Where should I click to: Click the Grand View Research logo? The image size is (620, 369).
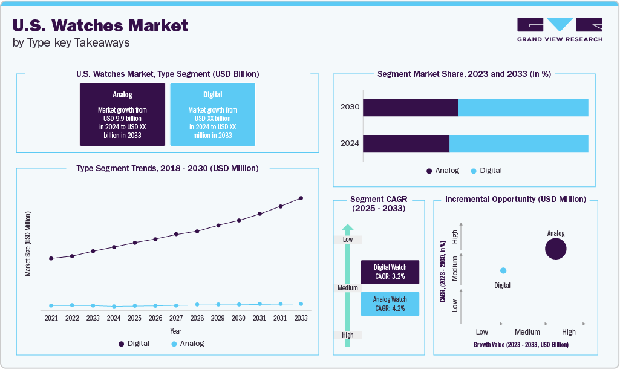pyautogui.click(x=560, y=30)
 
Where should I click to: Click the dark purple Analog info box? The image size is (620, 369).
pyautogui.click(x=122, y=114)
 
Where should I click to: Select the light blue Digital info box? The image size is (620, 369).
pyautogui.click(x=212, y=114)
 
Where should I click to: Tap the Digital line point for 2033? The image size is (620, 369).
pyautogui.click(x=301, y=198)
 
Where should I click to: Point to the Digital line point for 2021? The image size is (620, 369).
pyautogui.click(x=51, y=258)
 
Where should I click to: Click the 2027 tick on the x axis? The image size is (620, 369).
pyautogui.click(x=176, y=318)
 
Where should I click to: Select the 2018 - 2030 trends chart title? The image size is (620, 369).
pyautogui.click(x=168, y=168)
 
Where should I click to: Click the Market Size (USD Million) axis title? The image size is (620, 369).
pyautogui.click(x=28, y=244)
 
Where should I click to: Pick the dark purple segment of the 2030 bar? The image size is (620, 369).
pyautogui.click(x=410, y=107)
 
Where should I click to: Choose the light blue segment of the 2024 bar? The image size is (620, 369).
pyautogui.click(x=518, y=143)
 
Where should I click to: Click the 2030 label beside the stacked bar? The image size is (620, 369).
pyautogui.click(x=350, y=107)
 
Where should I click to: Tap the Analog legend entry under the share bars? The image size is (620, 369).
pyautogui.click(x=442, y=171)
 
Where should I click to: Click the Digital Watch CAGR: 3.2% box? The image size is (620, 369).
pyautogui.click(x=390, y=272)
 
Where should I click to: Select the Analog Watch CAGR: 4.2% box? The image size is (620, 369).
pyautogui.click(x=390, y=304)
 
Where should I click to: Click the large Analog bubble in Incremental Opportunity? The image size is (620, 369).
pyautogui.click(x=555, y=249)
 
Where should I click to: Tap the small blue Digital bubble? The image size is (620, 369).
pyautogui.click(x=503, y=270)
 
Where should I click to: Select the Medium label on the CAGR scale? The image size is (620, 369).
pyautogui.click(x=348, y=288)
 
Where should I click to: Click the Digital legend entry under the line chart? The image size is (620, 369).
pyautogui.click(x=134, y=344)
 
